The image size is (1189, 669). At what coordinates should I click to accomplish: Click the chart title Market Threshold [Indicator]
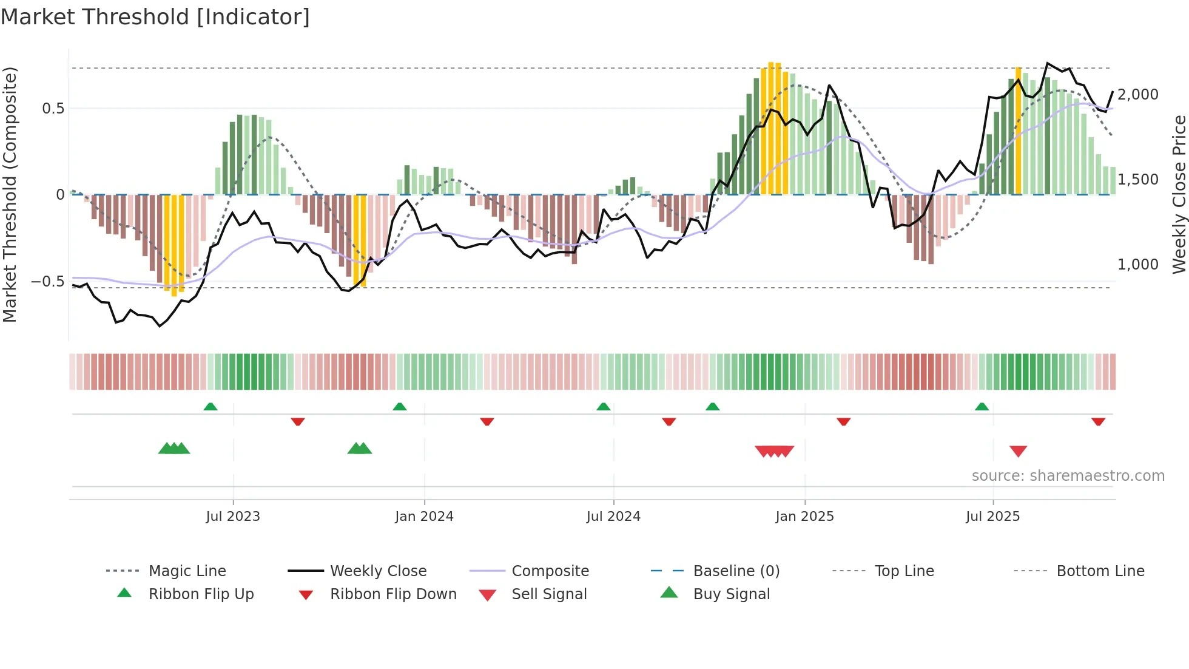(155, 17)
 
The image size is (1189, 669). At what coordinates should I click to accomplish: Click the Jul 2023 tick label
(233, 517)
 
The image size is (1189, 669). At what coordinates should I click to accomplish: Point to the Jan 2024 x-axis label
(424, 517)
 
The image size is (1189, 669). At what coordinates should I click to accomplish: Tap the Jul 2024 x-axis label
(613, 517)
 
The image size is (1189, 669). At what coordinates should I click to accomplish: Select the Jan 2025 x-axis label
(804, 517)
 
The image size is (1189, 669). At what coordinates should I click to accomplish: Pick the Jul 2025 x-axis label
(993, 517)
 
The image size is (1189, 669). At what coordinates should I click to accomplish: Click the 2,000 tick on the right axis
(1138, 95)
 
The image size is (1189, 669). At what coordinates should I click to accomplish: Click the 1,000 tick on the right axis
(1138, 265)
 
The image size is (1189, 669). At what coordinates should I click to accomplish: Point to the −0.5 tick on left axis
(47, 282)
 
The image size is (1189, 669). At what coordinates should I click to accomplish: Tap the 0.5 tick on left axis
(53, 109)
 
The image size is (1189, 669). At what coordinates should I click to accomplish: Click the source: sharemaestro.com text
(1068, 476)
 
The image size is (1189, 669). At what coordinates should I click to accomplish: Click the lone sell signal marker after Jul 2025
(1018, 451)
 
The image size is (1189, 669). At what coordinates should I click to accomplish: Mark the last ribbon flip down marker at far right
(1098, 421)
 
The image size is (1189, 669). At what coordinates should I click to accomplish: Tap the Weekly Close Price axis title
(1179, 194)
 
